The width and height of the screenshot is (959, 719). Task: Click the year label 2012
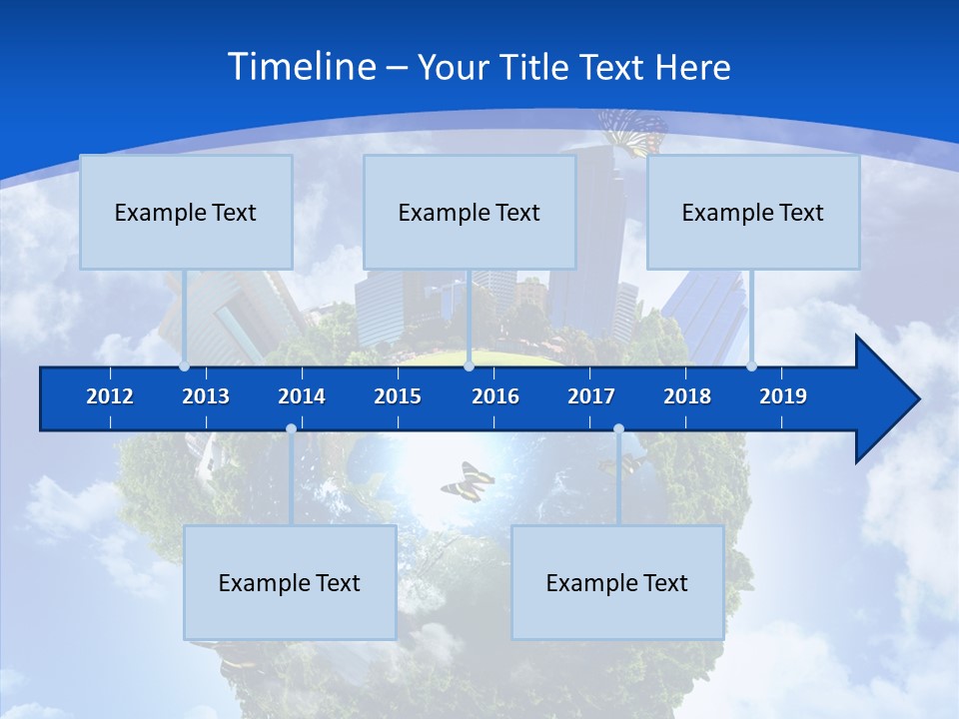(x=110, y=396)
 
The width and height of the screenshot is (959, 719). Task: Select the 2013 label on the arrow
(x=206, y=396)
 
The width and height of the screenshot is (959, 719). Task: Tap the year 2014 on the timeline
(x=302, y=396)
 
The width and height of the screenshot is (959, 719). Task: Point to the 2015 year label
(x=398, y=396)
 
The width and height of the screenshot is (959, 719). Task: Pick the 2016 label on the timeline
(x=495, y=396)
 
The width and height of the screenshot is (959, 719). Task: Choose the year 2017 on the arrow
(x=591, y=396)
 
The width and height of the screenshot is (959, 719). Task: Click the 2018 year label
(x=687, y=396)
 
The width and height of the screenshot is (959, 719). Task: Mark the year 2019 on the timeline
(x=783, y=396)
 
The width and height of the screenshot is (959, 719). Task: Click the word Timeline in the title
(x=302, y=67)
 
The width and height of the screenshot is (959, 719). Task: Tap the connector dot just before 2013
(x=184, y=366)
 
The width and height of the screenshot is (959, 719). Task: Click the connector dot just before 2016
(x=469, y=366)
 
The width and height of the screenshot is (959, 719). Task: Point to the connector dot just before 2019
(x=751, y=366)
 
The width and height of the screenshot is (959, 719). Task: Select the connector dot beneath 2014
(x=291, y=429)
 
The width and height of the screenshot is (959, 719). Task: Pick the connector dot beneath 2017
(x=618, y=429)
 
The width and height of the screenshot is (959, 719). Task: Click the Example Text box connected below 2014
(x=290, y=583)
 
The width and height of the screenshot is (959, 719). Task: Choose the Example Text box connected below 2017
(x=617, y=583)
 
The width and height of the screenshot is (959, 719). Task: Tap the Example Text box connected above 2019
(x=753, y=213)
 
